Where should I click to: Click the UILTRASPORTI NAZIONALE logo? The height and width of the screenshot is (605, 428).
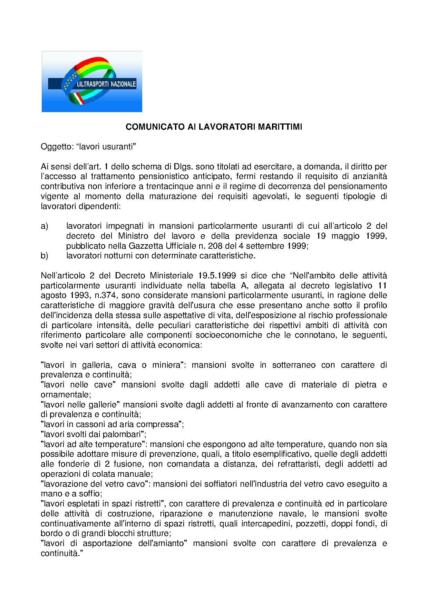(92, 82)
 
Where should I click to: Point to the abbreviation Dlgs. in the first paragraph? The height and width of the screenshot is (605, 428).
(184, 167)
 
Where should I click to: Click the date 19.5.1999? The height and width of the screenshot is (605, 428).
(217, 276)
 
